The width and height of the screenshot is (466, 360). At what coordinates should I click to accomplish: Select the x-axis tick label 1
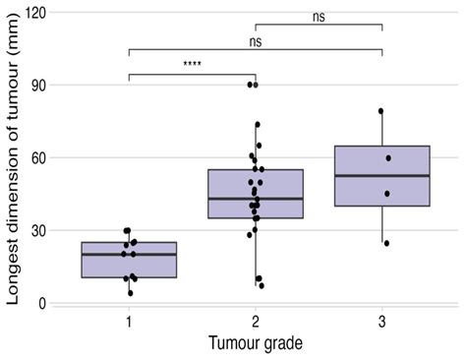129,324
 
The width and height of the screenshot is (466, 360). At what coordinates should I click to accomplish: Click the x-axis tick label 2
256,324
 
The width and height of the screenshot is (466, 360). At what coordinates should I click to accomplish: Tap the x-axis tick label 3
381,324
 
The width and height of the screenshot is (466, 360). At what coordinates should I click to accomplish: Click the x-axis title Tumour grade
255,344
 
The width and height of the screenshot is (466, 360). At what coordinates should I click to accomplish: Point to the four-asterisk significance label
193,66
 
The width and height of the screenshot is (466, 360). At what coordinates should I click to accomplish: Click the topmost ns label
319,16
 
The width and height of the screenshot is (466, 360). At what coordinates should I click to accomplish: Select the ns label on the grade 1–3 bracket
255,41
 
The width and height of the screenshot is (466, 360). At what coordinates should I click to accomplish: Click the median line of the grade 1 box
129,254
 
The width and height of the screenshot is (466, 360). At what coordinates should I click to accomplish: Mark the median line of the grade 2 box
256,199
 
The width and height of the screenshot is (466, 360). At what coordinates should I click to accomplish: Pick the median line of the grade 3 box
381,176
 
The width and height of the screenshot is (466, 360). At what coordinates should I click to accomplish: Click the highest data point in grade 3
380,111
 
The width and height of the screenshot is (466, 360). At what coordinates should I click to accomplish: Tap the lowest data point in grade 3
385,243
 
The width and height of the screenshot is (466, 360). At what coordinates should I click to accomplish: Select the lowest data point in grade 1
130,292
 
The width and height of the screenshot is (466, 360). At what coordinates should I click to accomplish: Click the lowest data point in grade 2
261,285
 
